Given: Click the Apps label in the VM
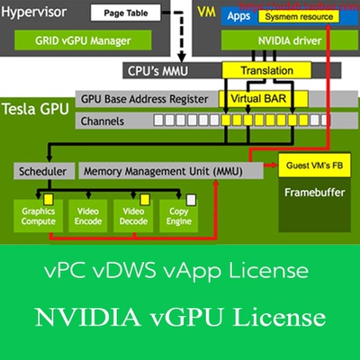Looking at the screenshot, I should click(x=238, y=17).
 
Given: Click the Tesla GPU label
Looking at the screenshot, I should click(x=36, y=110).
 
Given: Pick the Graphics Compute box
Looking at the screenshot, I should click(x=39, y=216).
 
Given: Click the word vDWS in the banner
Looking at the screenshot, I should click(x=165, y=269).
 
